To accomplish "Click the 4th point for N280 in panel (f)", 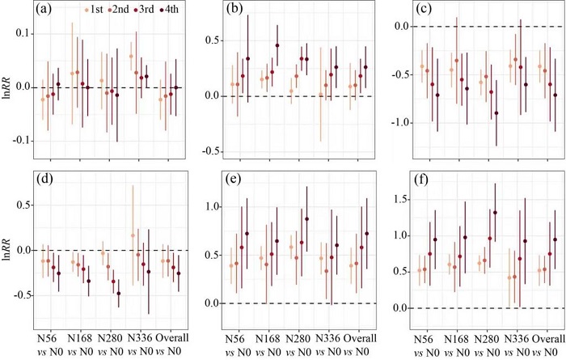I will click(x=495, y=213).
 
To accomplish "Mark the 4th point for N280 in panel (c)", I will click(x=496, y=113).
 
